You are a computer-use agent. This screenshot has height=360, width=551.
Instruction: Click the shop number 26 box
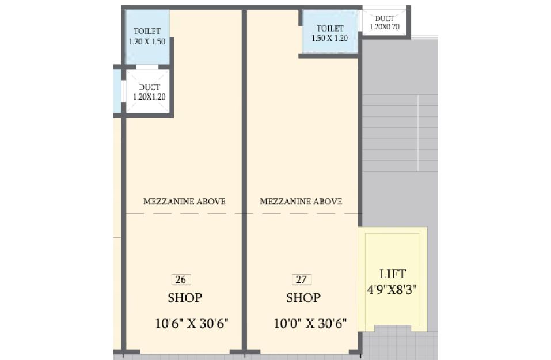coord(181,279)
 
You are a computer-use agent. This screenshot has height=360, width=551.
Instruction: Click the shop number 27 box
coord(302,279)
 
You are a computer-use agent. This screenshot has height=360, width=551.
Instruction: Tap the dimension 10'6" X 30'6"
coord(192,323)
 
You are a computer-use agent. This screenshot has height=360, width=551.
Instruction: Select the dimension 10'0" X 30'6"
coord(310,323)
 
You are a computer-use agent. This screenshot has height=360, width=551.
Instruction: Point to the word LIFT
coord(393,274)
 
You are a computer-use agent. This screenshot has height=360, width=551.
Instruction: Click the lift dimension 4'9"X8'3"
coord(392,290)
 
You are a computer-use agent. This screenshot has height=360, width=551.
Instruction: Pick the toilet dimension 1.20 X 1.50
coord(147,41)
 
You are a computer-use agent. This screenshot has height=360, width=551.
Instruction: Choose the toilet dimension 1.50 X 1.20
coord(329,38)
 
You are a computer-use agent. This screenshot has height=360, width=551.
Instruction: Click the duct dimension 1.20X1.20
coord(149,97)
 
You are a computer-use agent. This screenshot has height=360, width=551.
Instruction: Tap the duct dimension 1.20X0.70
coord(385,26)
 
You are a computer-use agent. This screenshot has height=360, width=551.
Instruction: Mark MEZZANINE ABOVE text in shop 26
coord(184,202)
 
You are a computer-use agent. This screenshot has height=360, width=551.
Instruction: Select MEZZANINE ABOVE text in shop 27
coord(301,202)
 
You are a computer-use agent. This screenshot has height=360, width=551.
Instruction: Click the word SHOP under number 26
coord(185,298)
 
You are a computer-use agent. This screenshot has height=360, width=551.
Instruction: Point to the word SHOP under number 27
coord(303,298)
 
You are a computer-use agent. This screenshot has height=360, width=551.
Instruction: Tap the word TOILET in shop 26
coord(147,31)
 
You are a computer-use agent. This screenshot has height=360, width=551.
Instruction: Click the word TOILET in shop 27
coord(330,28)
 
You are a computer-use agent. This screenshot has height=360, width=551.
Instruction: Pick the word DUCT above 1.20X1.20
coord(149,87)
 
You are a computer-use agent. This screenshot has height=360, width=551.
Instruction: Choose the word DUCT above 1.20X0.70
coord(385,18)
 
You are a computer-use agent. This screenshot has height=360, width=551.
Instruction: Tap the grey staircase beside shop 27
coord(400,133)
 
